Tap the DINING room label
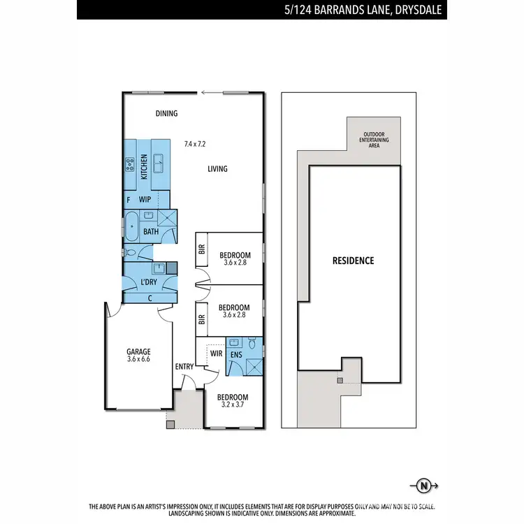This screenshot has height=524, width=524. tap(166, 113)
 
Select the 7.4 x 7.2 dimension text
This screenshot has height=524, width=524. tap(195, 144)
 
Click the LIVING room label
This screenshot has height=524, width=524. tap(217, 168)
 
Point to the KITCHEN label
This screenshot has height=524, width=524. tap(145, 166)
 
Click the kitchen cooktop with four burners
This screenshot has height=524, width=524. tap(130, 166)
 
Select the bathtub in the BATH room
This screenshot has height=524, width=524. tap(131, 225)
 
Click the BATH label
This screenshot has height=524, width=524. tap(150, 231)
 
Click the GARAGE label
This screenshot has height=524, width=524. tap(138, 351)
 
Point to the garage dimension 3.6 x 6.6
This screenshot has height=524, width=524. tap(138, 360)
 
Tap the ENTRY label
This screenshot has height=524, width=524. tap(184, 367)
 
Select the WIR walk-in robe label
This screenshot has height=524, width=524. tap(216, 354)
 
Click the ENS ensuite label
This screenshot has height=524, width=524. tap(236, 354)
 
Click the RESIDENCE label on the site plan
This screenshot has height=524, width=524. tap(353, 261)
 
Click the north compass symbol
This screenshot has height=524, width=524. tap(423, 484)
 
